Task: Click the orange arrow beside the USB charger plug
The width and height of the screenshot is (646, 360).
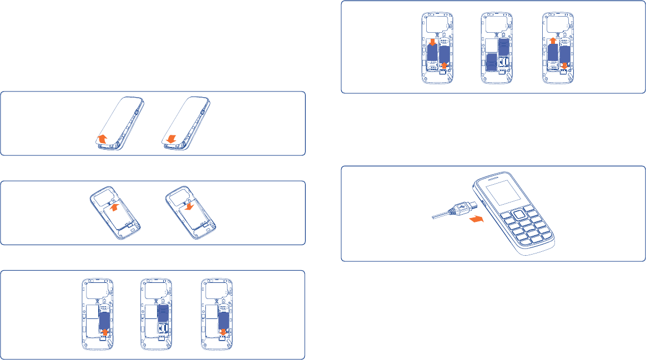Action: pyautogui.click(x=475, y=220)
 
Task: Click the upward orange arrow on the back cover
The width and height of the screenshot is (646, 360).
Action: pyautogui.click(x=100, y=139)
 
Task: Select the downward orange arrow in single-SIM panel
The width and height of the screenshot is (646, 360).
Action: pyautogui.click(x=222, y=333)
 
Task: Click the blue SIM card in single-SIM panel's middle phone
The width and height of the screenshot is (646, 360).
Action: pyautogui.click(x=163, y=313)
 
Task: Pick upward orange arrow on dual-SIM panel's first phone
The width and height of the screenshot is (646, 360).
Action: pyautogui.click(x=443, y=67)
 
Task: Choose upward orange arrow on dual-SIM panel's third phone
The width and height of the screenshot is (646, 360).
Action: pyautogui.click(x=553, y=40)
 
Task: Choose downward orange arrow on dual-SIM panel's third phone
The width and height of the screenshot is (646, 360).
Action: pyautogui.click(x=564, y=67)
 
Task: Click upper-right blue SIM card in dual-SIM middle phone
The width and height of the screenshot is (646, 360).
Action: pyautogui.click(x=503, y=47)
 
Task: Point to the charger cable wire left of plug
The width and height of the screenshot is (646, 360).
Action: pyautogui.click(x=441, y=215)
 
